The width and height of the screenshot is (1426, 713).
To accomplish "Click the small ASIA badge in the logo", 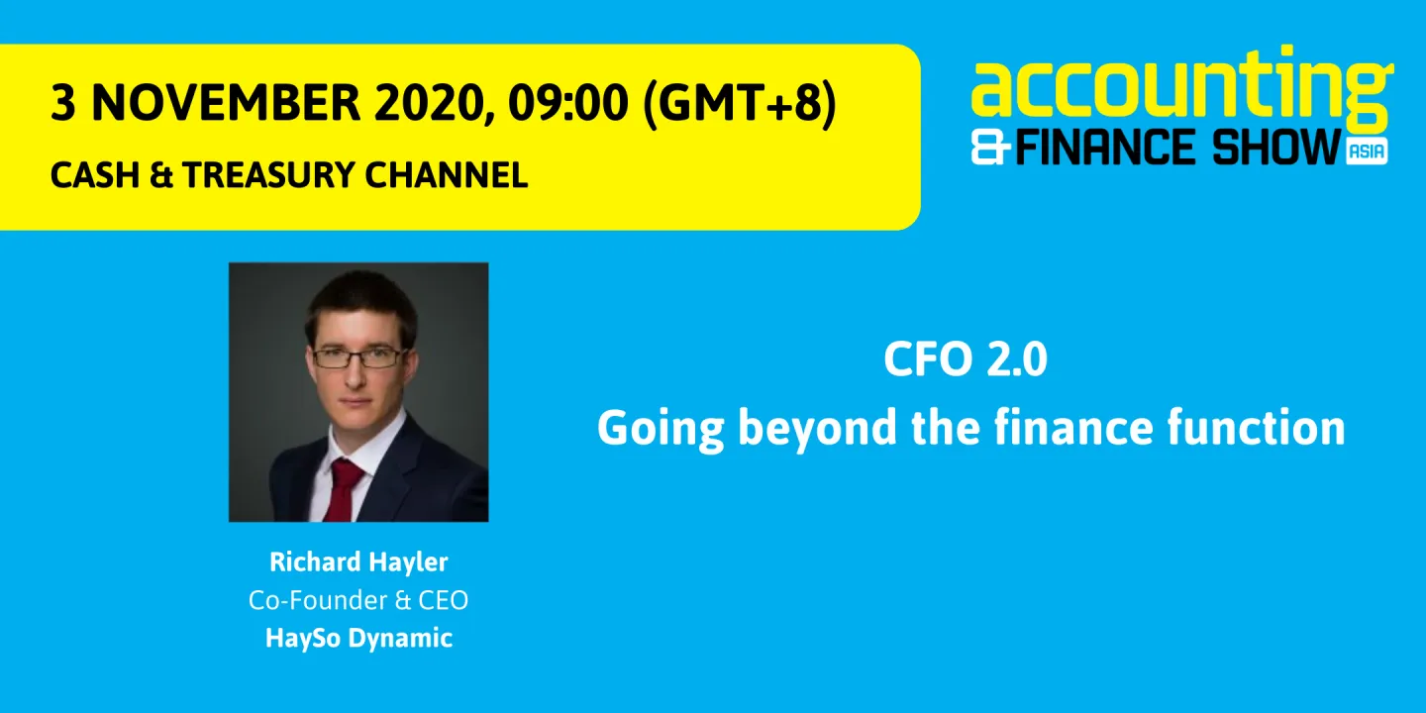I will [x=1367, y=151].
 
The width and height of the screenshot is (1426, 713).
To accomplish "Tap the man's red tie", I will [x=344, y=490].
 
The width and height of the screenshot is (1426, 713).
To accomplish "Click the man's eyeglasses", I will [x=358, y=357].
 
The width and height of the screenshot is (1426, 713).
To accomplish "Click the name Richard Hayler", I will [x=358, y=562].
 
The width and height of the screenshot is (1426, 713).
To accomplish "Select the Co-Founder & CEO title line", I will [x=358, y=600].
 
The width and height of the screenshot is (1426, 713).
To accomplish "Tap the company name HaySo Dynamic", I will [x=358, y=638].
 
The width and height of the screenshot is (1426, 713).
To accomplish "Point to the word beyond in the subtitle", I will [x=806, y=429].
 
